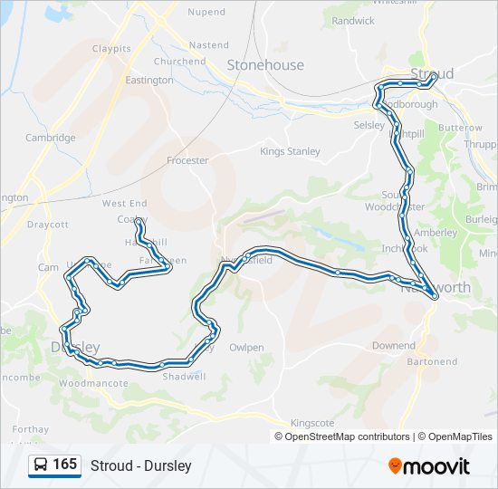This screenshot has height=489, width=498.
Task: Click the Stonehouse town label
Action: point(265,65)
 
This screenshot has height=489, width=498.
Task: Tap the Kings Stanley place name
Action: point(290,151)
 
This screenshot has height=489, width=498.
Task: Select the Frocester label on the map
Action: point(187,160)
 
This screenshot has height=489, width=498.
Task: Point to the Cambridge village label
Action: point(51,138)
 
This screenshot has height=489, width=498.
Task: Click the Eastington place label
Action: point(149,80)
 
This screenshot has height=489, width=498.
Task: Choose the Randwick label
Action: point(353,20)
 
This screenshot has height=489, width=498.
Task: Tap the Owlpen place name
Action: point(246,347)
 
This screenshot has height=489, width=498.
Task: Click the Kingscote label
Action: point(312,423)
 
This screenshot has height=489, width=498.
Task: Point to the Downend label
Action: point(394,346)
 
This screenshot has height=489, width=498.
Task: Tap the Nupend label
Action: point(206,12)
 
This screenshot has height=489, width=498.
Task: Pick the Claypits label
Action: point(111,48)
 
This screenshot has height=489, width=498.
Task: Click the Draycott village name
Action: point(48,224)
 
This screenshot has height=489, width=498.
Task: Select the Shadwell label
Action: point(184,377)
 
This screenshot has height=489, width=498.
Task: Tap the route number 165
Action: point(65,465)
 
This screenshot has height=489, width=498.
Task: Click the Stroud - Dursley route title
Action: point(141,465)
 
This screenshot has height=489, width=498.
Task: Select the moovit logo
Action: point(429,465)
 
